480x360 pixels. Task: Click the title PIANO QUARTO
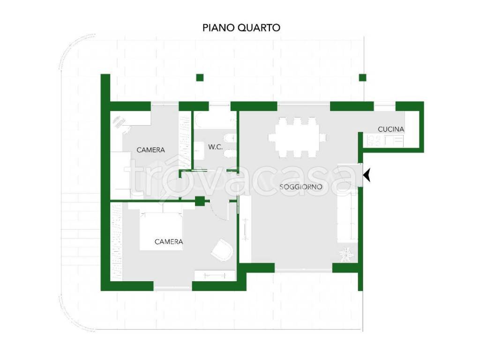241,28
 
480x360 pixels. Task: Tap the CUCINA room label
391,129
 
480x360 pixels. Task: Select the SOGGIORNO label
300,187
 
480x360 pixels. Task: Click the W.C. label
215,147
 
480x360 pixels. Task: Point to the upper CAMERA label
150,150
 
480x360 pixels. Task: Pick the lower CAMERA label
169,242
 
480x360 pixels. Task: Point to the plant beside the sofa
347,254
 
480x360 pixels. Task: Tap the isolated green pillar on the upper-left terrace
200,78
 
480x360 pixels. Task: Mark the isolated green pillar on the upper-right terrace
362,78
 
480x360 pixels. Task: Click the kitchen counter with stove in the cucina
385,140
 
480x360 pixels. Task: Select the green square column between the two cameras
200,201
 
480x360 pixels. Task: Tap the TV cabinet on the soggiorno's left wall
245,230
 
